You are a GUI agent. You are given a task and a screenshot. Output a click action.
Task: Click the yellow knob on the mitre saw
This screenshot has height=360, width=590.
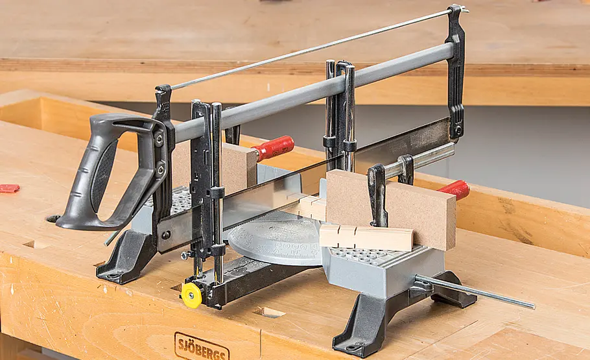pyautogui.click(x=191, y=295)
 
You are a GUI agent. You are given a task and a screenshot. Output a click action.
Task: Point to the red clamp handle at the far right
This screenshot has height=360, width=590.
pyautogui.click(x=456, y=189)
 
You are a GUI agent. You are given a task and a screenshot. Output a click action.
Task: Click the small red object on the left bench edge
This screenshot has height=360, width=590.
pyautogui.click(x=10, y=188)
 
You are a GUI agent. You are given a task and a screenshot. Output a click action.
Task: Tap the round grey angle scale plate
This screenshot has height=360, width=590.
pyautogui.click(x=276, y=241)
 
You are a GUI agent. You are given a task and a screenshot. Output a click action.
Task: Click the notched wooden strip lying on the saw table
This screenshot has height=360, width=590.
pyautogui.click(x=366, y=237)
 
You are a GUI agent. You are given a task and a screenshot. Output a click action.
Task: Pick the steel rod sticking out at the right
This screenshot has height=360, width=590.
pyautogui.click(x=475, y=291)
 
